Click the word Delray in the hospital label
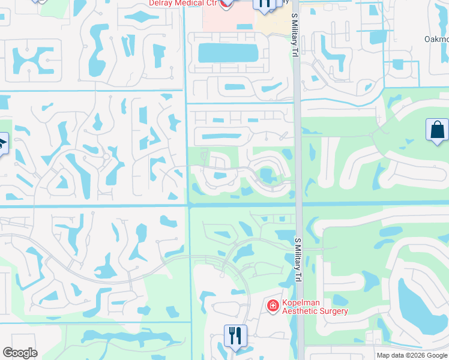[163, 2]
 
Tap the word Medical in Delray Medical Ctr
[191, 2]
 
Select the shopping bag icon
[436, 130]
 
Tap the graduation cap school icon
[2, 143]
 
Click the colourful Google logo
[20, 353]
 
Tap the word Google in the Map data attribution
[430, 355]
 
